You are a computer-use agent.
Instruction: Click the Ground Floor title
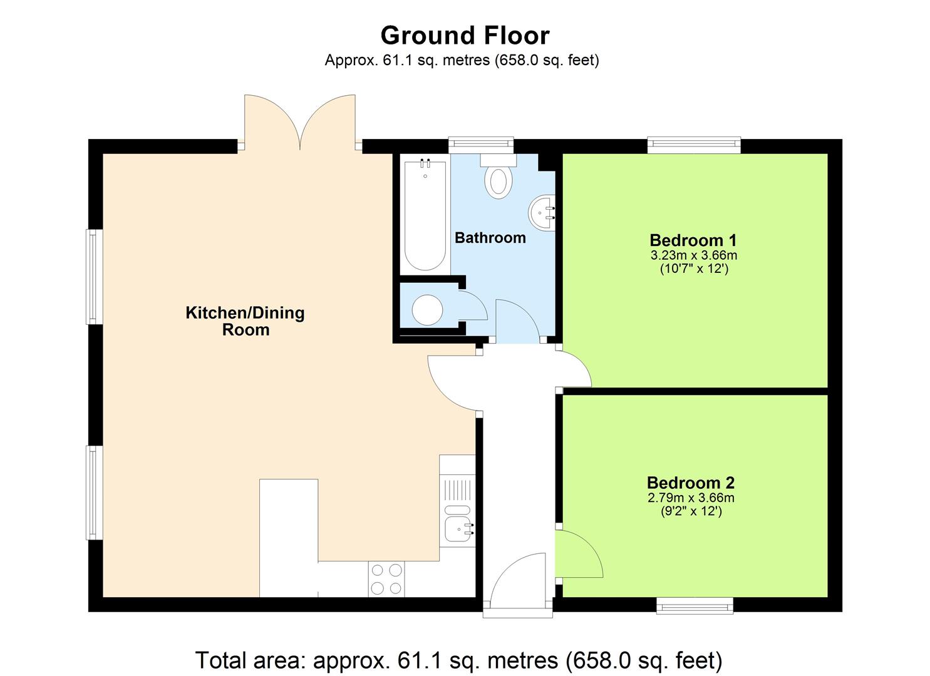465,36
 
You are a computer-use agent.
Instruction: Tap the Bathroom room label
490,238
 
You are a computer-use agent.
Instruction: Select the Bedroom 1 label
693,240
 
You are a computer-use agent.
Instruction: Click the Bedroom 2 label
690,483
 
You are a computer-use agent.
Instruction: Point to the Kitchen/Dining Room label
245,321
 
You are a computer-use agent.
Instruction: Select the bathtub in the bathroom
425,215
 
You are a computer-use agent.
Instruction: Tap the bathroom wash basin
542,212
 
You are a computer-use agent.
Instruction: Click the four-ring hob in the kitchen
386,579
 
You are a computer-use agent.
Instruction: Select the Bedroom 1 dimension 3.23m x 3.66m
693,255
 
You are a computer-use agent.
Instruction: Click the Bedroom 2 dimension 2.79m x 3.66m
690,498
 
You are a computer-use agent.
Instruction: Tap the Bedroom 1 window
694,145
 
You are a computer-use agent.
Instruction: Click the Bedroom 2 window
694,605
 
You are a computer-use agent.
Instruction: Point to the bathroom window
480,145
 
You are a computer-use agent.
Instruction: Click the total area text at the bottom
458,660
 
